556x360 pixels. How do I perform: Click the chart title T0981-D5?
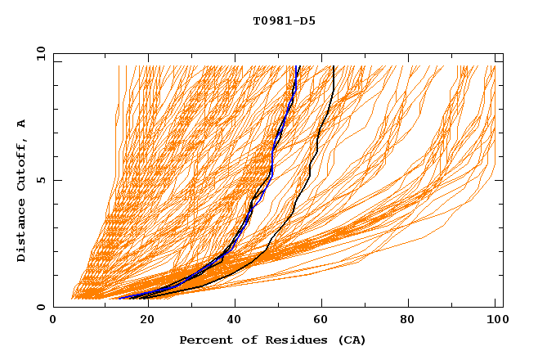pos(284,21)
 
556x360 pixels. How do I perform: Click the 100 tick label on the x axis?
pos(495,322)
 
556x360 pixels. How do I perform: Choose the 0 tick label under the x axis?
pos(54,322)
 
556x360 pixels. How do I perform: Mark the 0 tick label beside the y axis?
pos(40,307)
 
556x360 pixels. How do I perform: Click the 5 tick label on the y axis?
pos(40,180)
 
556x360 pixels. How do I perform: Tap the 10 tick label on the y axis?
pos(38,53)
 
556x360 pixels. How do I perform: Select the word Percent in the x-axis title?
pos(203,340)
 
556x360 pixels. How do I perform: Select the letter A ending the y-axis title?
pos(21,123)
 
